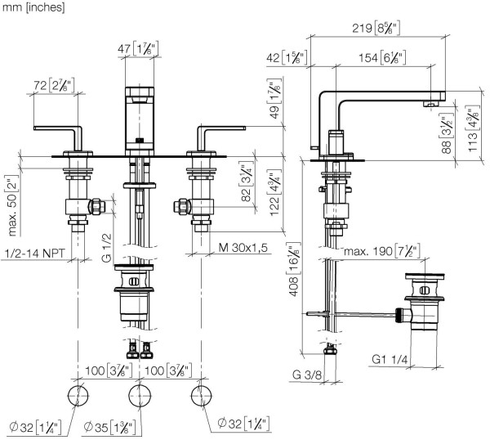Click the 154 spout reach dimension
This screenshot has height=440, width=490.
(x=381, y=57)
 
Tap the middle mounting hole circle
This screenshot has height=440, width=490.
(x=140, y=398)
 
